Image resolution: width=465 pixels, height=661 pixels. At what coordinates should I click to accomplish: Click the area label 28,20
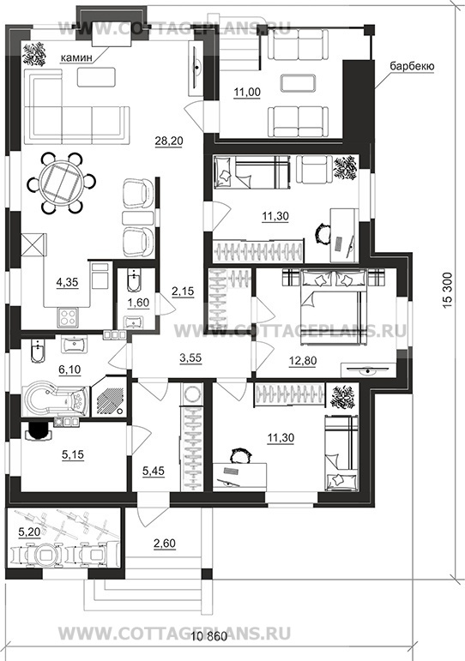point(169,141)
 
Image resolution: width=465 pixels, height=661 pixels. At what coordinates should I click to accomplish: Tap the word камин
point(76,57)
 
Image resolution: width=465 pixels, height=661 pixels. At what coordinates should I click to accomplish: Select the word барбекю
point(412,66)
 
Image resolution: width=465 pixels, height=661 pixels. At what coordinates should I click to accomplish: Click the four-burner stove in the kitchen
point(68,317)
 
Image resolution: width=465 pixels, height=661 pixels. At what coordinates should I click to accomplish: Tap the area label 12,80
point(303,361)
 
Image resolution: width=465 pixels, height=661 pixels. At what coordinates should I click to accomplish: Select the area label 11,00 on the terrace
point(247,92)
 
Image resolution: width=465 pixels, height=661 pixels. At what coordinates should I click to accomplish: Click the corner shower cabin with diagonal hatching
point(110,399)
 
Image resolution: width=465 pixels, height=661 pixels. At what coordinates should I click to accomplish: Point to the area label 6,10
point(69,370)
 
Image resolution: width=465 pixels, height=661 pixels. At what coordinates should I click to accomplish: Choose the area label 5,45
point(154,472)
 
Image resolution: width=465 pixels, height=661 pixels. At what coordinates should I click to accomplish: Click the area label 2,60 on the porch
point(164,544)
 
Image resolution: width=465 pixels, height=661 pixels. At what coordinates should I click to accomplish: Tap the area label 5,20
point(29,532)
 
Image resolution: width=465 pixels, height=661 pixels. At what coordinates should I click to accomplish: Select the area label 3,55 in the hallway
point(190,358)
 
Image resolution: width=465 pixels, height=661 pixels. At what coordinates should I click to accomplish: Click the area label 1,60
point(138,303)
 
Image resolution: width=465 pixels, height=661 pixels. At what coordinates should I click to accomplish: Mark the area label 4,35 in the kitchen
point(67,281)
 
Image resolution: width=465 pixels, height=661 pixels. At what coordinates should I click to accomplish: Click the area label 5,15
point(73,454)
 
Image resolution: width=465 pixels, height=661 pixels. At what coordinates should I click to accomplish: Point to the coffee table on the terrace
point(298,82)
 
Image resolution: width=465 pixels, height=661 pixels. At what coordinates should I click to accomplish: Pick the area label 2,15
point(183,291)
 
